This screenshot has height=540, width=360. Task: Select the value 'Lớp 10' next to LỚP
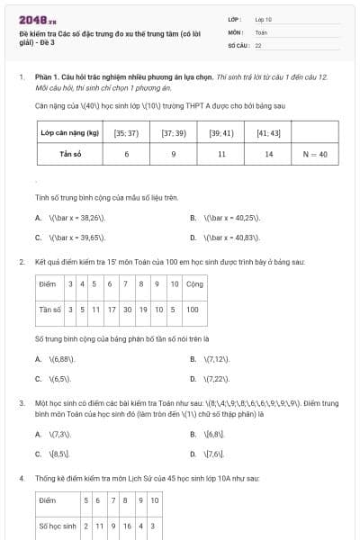pos(264,18)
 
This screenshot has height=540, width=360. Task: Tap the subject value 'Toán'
pos(261,31)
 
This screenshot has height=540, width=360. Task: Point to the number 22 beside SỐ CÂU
pos(258,44)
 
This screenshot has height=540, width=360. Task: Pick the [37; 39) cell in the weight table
pos(173,133)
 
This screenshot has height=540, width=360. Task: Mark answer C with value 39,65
pos(74,238)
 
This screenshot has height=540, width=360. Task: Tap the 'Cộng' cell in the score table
pos(193,284)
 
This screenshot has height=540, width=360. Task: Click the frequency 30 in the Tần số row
pos(127,310)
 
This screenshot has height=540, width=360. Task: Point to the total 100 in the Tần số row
pos(193,310)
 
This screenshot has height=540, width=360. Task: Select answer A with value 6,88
pos(65,358)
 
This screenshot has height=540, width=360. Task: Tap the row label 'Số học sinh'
pos(57,525)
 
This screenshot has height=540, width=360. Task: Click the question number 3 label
pos(21,404)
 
